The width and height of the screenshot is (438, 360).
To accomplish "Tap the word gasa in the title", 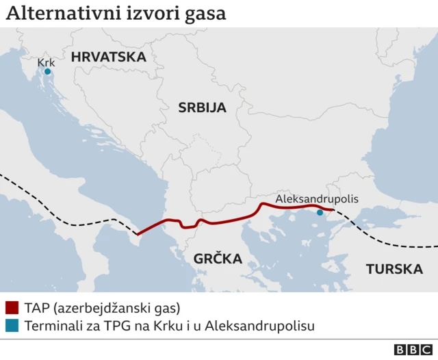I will click(205, 14).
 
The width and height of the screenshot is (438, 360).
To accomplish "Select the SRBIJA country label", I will click(202, 107).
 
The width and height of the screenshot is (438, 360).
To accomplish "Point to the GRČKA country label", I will click(217, 259).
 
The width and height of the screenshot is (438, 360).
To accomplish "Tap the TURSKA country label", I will click(394, 269).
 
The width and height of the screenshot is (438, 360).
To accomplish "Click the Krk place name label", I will click(46, 62).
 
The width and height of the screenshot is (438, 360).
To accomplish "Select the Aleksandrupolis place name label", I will click(317, 199).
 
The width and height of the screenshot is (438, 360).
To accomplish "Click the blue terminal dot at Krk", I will click(47, 71).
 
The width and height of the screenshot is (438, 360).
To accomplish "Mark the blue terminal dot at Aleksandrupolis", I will click(320, 212).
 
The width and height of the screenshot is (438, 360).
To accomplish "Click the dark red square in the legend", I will click(12, 308).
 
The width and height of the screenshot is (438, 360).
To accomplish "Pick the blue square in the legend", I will click(12, 326).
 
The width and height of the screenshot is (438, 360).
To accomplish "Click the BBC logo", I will click(409, 349).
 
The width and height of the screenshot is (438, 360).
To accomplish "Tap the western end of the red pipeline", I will click(138, 234).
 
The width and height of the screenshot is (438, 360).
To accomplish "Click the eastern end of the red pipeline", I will click(333, 209).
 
